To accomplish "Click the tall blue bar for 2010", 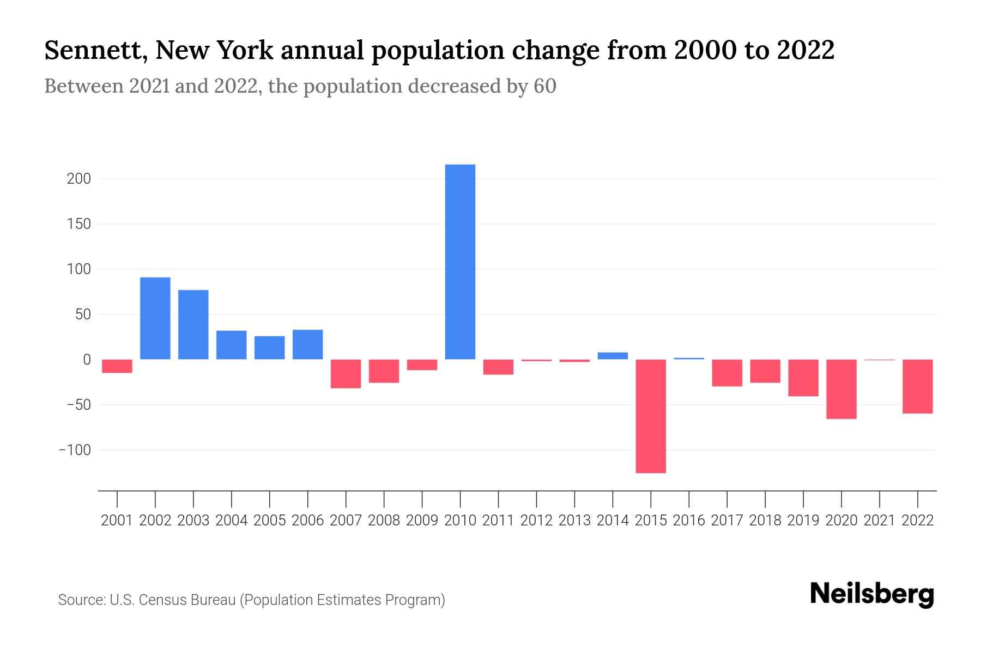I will [x=460, y=262].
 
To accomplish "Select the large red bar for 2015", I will [x=651, y=416].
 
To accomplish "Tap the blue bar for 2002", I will [x=155, y=318].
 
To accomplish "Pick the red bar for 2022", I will [x=918, y=386].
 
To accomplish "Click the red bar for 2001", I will [x=117, y=366].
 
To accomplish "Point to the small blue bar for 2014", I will [x=613, y=356].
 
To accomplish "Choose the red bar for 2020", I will [x=841, y=389].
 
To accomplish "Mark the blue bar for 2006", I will [x=308, y=344].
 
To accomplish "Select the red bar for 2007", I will [x=346, y=374].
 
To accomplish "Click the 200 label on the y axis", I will [x=78, y=179].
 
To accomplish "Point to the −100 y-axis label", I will [x=75, y=450].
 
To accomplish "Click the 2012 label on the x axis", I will [x=536, y=520].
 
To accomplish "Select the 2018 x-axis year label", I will [x=765, y=520].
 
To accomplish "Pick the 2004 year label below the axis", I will [x=232, y=520].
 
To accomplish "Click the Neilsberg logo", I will [x=872, y=594].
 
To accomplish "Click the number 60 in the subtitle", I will [x=544, y=86].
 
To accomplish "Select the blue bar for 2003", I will [x=193, y=324].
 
